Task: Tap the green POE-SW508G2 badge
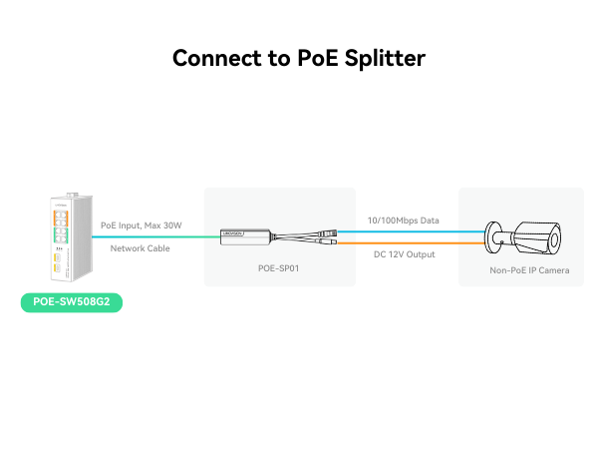click(72, 302)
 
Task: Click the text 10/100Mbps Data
click(404, 220)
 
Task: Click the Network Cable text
click(141, 248)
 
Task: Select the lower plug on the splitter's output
click(329, 240)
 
